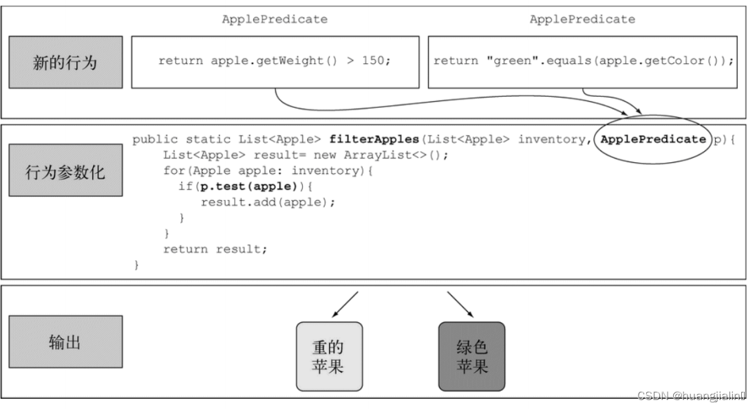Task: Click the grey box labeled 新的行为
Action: (65, 63)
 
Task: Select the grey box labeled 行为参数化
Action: (65, 173)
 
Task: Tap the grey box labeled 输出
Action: (65, 342)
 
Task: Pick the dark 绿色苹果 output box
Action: (471, 356)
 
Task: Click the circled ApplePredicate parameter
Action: (652, 140)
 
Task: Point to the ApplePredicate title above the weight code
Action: (275, 19)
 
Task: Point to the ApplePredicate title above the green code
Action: (582, 19)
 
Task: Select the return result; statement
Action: (215, 249)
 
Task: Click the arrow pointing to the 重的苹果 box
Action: (344, 304)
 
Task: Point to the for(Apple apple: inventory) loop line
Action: (267, 170)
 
